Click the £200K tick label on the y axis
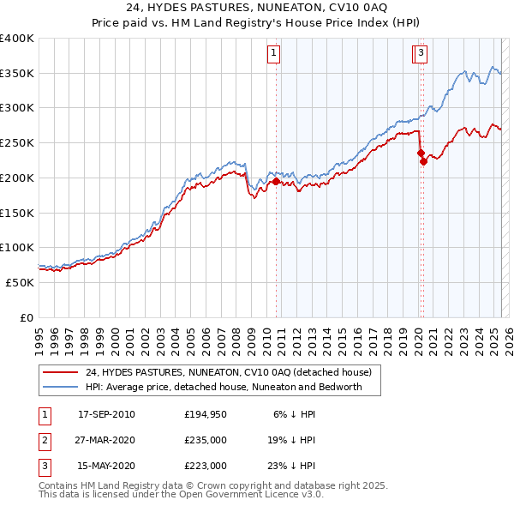point(18,178)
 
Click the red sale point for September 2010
point(276,182)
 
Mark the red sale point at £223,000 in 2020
point(423,161)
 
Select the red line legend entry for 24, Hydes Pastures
point(228,373)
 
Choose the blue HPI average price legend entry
point(224,387)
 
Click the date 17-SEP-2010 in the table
point(106,415)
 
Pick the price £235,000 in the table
point(206,441)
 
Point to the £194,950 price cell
point(206,415)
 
